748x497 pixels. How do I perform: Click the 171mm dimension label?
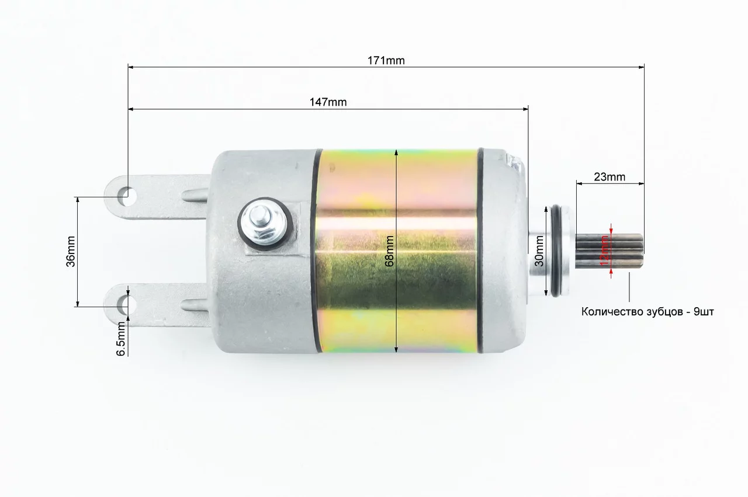pos(386,60)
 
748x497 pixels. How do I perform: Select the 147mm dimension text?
pos(328,102)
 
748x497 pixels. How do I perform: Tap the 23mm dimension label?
pos(610,177)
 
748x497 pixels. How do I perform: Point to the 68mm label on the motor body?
pos(389,251)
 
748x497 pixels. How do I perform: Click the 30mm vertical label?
pos(539,251)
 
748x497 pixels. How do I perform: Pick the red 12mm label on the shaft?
pos(604,251)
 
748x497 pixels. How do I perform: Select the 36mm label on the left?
pos(71,251)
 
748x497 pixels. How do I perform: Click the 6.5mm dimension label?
pos(121,339)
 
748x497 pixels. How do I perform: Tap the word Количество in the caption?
pos(607,312)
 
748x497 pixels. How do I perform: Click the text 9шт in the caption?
pos(704,312)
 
